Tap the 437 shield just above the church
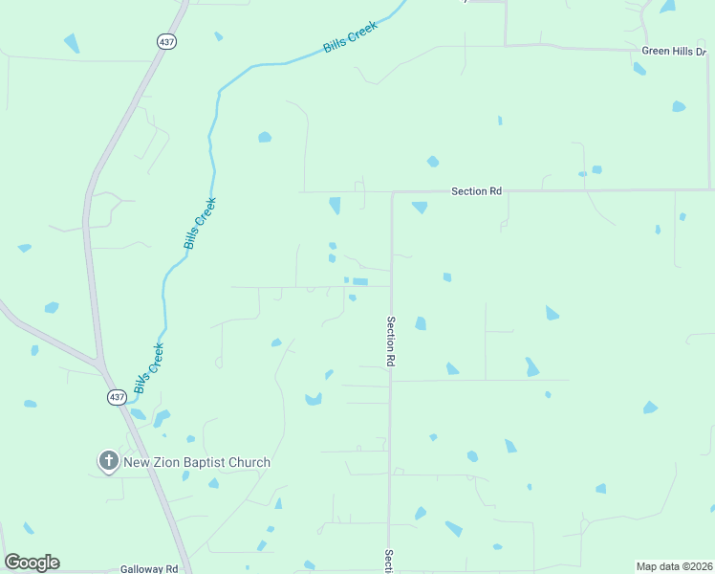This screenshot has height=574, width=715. [116, 397]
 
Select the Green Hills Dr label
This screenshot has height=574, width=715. [675, 51]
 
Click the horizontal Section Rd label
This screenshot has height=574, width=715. [476, 191]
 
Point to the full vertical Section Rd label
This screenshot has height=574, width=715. [391, 342]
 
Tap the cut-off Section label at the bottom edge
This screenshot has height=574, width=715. [389, 561]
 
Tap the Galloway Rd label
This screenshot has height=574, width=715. [149, 568]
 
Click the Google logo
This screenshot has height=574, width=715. [32, 563]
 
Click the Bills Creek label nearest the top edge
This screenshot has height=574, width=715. [351, 36]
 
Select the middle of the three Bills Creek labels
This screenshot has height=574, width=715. [201, 223]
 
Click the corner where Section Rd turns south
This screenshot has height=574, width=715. [392, 192]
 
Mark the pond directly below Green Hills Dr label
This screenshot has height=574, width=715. [639, 69]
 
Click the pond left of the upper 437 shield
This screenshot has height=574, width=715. [71, 43]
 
